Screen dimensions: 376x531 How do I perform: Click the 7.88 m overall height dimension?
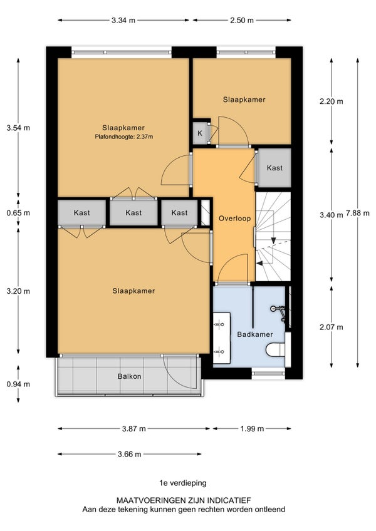pos(358,214)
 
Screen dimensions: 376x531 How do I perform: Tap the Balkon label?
pos(130,376)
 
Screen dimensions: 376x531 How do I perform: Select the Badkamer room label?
pos(255,334)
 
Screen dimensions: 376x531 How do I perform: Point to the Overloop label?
pos(234,218)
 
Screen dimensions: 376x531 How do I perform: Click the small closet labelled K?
pos(200,133)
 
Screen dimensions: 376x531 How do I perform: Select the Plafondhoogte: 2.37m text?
pos(124,137)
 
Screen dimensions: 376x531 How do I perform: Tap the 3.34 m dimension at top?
pos(123,20)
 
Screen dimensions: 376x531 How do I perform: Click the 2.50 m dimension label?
pos(242,20)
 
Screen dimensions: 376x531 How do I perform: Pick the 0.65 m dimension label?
pos(18,213)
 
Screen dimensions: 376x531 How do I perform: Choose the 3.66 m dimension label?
pos(130,454)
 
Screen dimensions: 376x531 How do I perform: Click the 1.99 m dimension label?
pos(253,429)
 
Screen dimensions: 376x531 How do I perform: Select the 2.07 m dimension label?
pos(332,327)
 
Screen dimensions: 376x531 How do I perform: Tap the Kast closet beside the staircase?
pos(274,168)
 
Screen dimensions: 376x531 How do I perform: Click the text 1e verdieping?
pos(183,483)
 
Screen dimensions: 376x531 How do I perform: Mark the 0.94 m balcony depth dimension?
pos(18,384)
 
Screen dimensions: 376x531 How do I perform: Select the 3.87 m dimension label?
pos(134,429)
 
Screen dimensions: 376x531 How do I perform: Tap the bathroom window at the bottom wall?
pos(268,373)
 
